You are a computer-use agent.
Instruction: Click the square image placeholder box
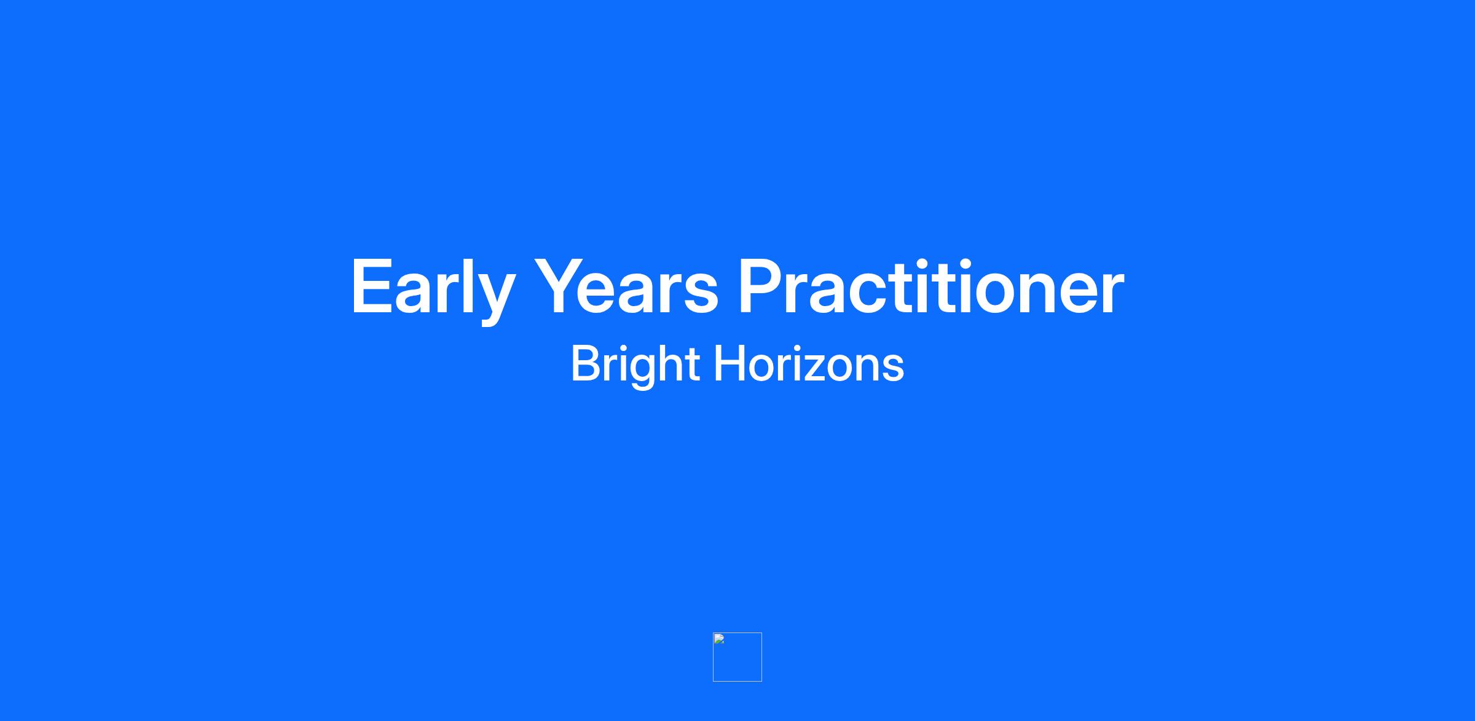point(737,656)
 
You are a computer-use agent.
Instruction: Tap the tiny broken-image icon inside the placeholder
point(719,639)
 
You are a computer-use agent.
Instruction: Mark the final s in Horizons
point(892,368)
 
